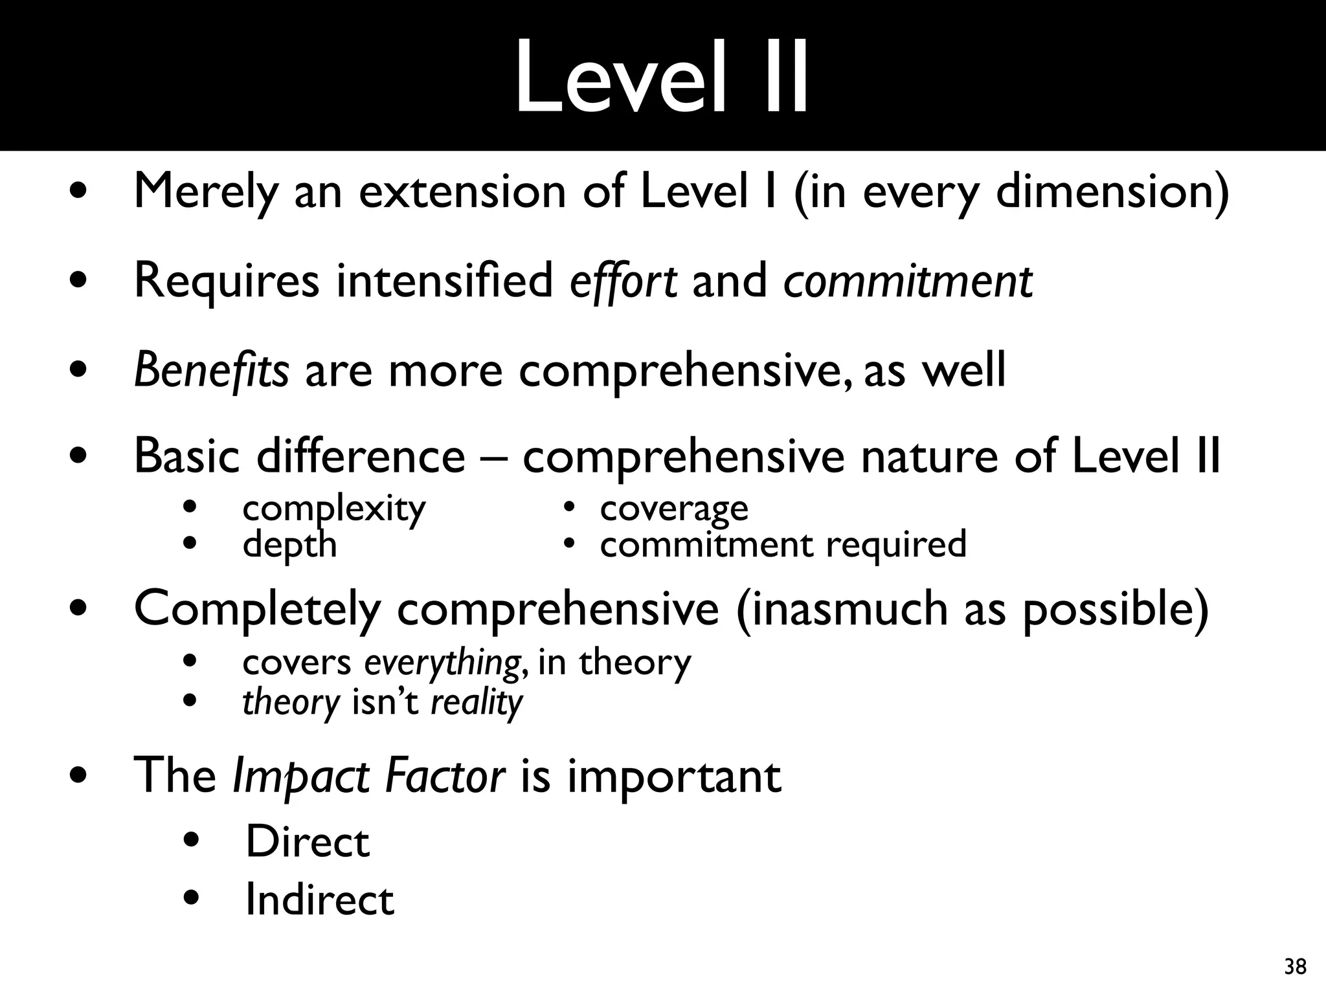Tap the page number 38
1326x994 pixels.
point(1295,967)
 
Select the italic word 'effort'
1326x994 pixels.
point(623,281)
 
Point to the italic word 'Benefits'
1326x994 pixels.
point(211,370)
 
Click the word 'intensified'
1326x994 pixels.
point(444,281)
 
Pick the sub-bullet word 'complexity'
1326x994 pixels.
point(334,509)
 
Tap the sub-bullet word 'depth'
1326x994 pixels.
point(289,545)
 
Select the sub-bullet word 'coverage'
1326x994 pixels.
point(674,509)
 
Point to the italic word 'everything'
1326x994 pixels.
point(443,663)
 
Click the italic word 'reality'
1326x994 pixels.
point(477,701)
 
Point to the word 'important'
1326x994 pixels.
point(674,777)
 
